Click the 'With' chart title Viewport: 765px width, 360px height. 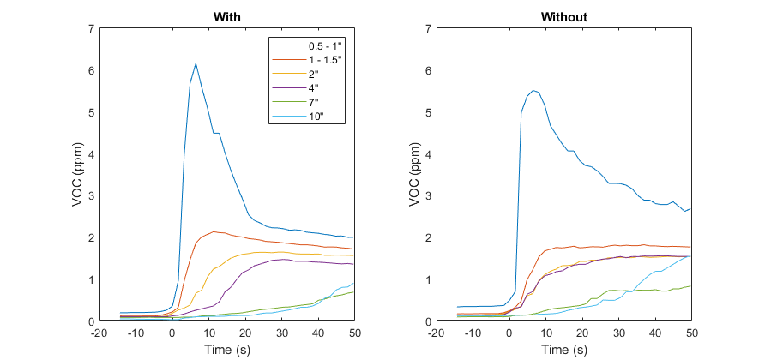point(226,17)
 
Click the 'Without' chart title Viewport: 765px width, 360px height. point(563,17)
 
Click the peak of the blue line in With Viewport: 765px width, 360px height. point(196,63)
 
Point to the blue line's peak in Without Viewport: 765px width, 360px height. point(533,90)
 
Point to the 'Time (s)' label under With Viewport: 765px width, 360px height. point(226,350)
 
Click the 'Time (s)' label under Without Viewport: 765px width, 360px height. point(563,350)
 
